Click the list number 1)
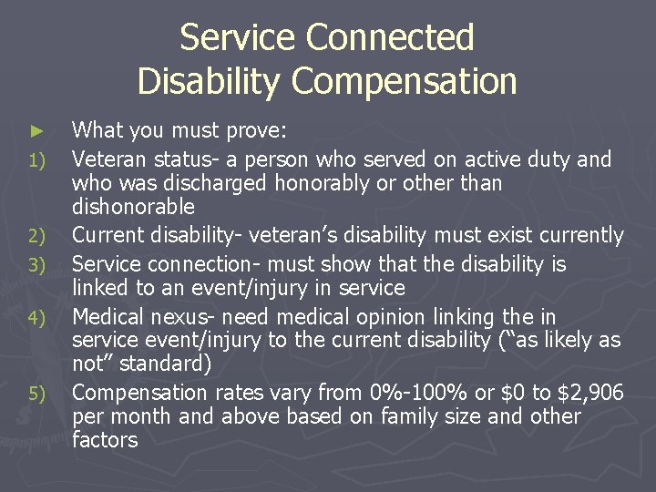coord(36,162)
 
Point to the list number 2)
coord(36,237)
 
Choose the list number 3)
coord(36,266)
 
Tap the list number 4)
coord(36,319)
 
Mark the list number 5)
coord(36,395)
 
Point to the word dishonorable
coord(133,207)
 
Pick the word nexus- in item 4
coord(192,317)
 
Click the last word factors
coord(105,440)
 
